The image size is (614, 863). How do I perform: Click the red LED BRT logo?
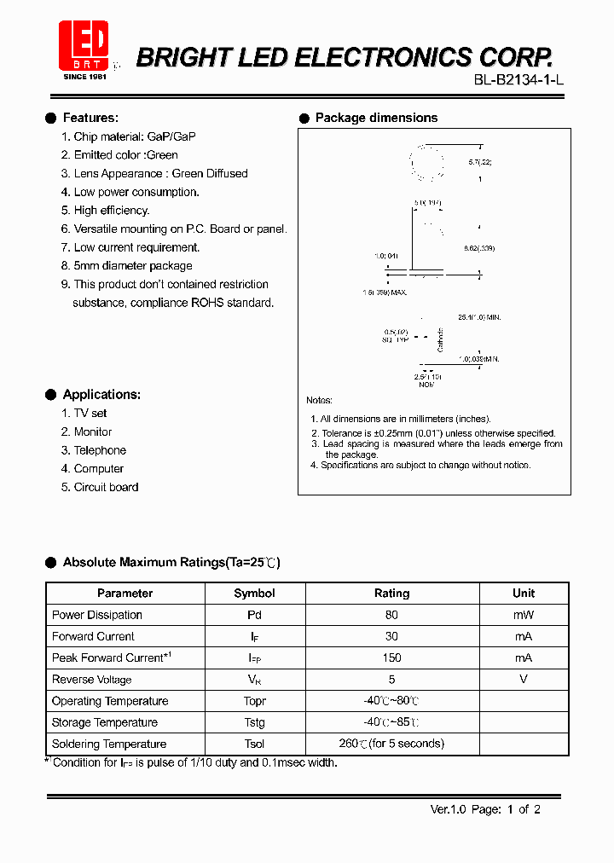pyautogui.click(x=84, y=46)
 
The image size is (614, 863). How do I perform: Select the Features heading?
pyautogui.click(x=90, y=118)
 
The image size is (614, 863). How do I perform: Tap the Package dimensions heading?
pyautogui.click(x=376, y=118)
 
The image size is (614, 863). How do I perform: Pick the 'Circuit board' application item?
pyautogui.click(x=106, y=487)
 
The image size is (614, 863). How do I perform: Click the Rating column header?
pyautogui.click(x=391, y=594)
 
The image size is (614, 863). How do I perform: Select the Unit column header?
pyautogui.click(x=524, y=594)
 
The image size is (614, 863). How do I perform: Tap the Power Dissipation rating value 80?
pyautogui.click(x=391, y=615)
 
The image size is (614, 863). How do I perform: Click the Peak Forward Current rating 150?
pyautogui.click(x=391, y=657)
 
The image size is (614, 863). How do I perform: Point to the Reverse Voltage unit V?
pyautogui.click(x=524, y=680)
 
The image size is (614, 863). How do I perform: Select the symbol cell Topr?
pyautogui.click(x=254, y=701)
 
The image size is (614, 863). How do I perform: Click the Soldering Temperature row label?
pyautogui.click(x=109, y=744)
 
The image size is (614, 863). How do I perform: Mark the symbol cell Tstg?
pyautogui.click(x=254, y=722)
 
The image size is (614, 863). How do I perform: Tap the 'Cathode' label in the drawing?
pyautogui.click(x=441, y=339)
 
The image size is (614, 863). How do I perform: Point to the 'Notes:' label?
pyautogui.click(x=319, y=400)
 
